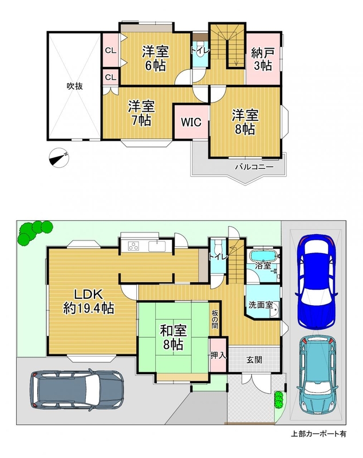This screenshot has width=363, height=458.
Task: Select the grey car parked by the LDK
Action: [x=76, y=389]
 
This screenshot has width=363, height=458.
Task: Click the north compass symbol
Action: [x=60, y=157]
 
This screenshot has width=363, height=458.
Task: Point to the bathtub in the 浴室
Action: [x=263, y=256]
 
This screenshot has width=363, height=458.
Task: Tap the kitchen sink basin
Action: [x=157, y=246]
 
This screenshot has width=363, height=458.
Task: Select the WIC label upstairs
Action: [x=191, y=122]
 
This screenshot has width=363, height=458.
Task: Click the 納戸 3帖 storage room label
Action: [x=263, y=60]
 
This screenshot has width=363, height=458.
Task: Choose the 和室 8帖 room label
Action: [x=173, y=338]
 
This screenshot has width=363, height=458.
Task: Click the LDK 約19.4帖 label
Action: [x=89, y=302]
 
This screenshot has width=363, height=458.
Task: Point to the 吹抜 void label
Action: [x=75, y=86]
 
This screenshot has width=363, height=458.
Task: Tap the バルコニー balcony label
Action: [x=254, y=167]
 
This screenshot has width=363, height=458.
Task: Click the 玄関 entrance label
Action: [x=254, y=360]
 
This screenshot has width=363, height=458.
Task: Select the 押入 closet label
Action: [x=219, y=355]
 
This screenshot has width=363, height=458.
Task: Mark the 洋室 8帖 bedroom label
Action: [x=245, y=122]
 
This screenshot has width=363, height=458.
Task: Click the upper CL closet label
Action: [x=111, y=50]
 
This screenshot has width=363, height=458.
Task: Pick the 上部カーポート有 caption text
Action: [x=318, y=434]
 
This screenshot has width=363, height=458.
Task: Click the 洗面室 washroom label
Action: [x=261, y=305]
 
